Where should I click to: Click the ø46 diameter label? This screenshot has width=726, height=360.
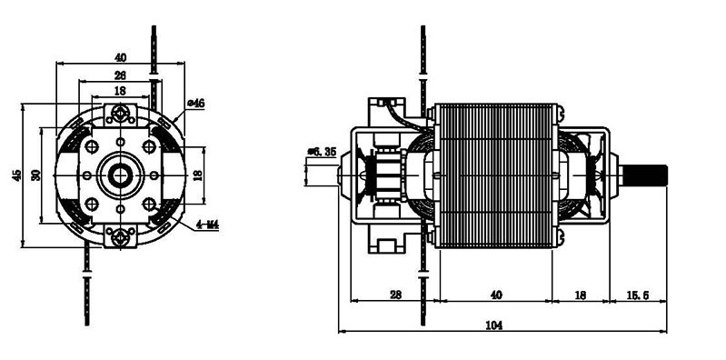coord(195,104)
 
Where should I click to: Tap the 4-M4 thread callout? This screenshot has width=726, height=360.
coord(207,225)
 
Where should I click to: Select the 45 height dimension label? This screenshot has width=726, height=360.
coord(16,175)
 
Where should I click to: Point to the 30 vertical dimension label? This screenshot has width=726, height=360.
coord(36,175)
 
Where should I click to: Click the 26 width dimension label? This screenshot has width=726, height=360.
coord(120,75)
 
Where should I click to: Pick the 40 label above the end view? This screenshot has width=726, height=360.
coord(120,58)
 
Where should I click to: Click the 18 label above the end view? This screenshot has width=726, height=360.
coord(120,91)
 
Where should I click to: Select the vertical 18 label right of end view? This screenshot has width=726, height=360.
coord(198,175)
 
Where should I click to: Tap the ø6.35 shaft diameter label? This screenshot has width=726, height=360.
coord(322,152)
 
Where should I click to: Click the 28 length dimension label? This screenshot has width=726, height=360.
coord(395,295)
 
